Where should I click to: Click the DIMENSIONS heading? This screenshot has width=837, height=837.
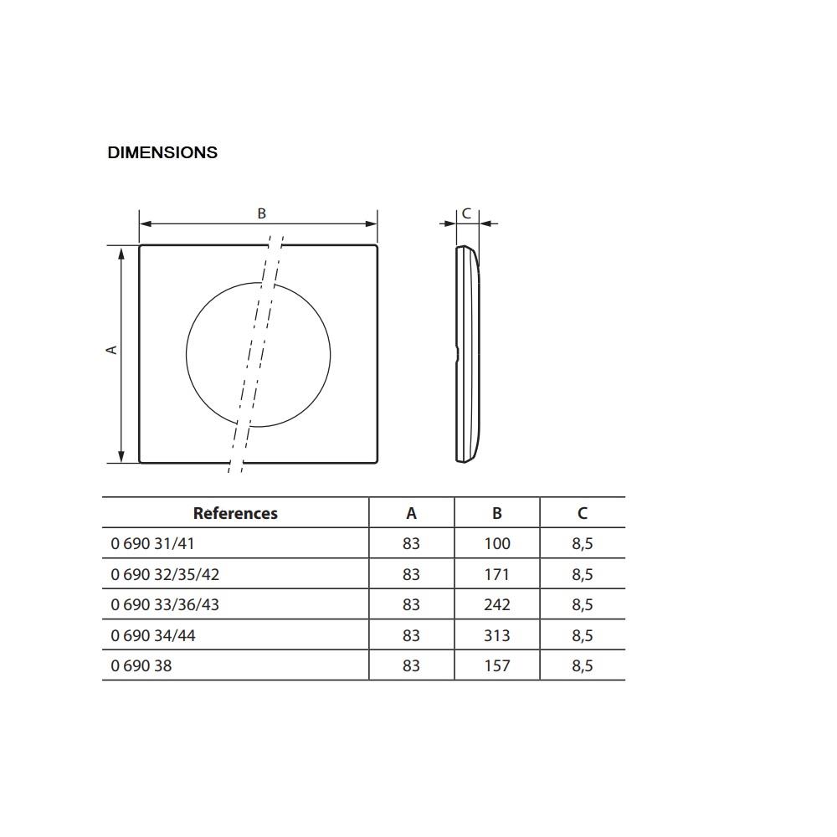click(x=162, y=152)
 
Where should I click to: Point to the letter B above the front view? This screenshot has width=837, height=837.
click(x=261, y=213)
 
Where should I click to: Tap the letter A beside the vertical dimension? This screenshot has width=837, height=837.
click(x=111, y=350)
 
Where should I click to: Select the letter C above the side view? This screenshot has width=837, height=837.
click(x=466, y=213)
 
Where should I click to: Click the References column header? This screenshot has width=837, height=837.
click(x=235, y=514)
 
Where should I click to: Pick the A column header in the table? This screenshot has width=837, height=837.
click(x=411, y=514)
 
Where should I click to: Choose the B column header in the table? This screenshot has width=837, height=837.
click(x=497, y=514)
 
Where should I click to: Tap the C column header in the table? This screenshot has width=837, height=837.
click(x=583, y=514)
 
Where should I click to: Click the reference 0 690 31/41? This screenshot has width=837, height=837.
click(x=152, y=543)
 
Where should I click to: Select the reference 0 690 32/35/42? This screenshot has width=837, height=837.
click(x=165, y=574)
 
